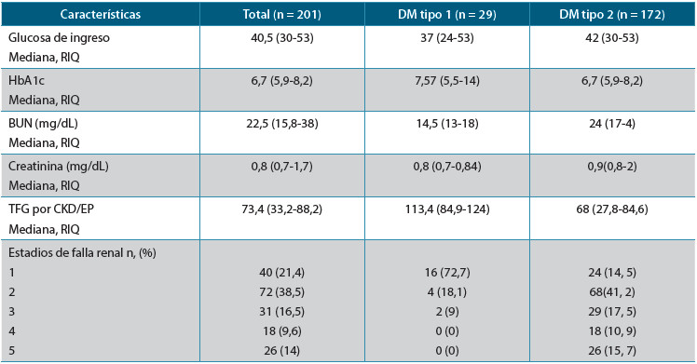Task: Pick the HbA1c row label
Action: coord(27,79)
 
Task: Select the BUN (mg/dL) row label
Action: coord(44,124)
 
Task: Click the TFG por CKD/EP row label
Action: coord(51,210)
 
